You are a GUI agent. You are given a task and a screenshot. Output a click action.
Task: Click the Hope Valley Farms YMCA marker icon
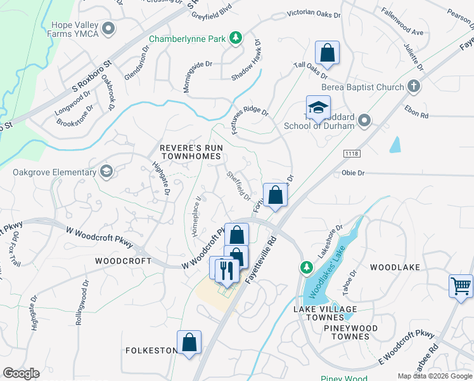pos(109,28)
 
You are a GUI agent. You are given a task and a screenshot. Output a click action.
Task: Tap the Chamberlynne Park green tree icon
pos(235,38)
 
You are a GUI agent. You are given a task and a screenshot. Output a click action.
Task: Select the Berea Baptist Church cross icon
pos(414,86)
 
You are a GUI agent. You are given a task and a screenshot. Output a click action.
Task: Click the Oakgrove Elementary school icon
pos(106,171)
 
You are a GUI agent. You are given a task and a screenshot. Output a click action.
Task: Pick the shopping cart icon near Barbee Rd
pos(461,285)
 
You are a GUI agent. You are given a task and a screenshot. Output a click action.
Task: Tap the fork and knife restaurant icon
pos(225,270)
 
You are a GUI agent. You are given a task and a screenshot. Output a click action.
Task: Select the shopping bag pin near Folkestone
pos(189,343)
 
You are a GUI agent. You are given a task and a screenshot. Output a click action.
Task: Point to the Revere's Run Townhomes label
pos(191,152)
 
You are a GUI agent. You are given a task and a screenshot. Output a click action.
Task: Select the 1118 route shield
pos(352,154)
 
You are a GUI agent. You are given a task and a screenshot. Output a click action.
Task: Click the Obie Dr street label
pos(352,172)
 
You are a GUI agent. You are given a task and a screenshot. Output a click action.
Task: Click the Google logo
pos(21,373)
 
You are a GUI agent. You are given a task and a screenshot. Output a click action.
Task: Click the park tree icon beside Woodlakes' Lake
pos(306,267)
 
